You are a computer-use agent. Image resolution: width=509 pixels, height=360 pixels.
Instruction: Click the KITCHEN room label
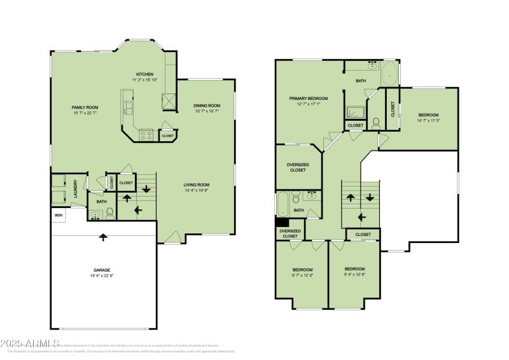point(145,74)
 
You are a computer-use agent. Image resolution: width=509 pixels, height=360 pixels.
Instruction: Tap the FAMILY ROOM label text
point(84,107)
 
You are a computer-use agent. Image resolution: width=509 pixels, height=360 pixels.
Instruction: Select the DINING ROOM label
point(207,106)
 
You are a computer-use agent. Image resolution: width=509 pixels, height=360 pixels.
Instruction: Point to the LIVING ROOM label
point(197,185)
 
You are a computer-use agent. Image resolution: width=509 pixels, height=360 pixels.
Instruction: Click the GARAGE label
point(101,270)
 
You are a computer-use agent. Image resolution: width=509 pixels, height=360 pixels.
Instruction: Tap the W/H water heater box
point(59,215)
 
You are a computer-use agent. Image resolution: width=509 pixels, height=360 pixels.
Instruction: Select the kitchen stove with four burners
point(146,135)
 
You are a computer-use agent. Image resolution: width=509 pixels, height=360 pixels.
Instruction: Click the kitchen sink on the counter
point(127,107)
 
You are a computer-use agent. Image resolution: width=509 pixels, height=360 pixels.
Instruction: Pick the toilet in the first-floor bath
point(109,212)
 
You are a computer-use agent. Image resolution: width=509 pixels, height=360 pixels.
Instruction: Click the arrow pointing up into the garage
point(103,237)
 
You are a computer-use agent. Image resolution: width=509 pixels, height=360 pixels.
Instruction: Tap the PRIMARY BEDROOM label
point(309,98)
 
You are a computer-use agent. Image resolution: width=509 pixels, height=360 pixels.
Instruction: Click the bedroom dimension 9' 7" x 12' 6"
point(302,275)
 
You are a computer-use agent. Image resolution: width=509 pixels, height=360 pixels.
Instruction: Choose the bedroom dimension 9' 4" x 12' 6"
point(354,275)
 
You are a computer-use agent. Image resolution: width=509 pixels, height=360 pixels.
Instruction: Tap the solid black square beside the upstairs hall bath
point(280,223)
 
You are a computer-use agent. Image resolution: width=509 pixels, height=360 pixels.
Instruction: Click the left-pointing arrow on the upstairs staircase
point(362,217)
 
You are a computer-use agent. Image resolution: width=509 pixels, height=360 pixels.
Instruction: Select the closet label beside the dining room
point(167,135)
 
